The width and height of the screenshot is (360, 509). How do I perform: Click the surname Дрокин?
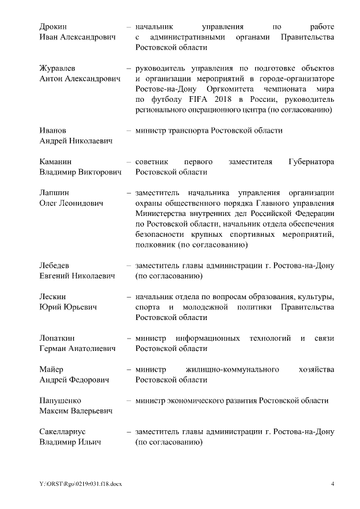53,27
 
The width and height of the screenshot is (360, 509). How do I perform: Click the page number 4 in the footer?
332,484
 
